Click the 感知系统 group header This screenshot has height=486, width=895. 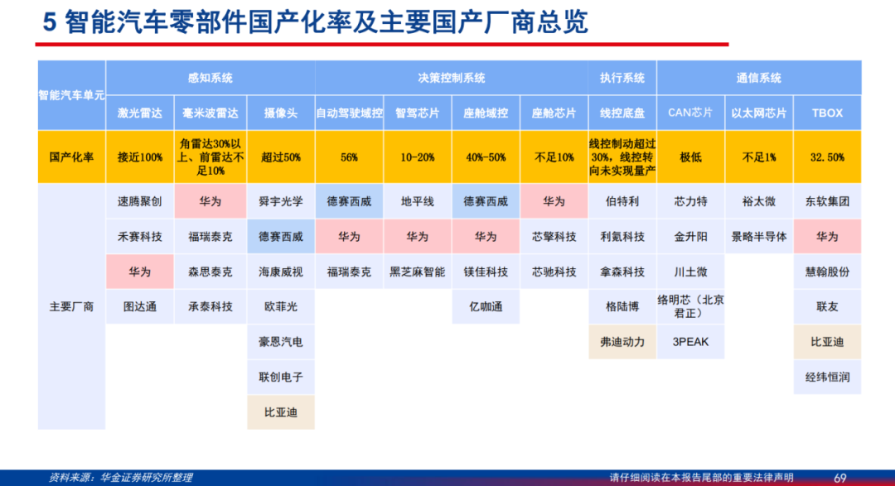[x=210, y=78]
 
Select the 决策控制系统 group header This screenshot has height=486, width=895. [x=451, y=78]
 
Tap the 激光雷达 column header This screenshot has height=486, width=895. [x=140, y=113]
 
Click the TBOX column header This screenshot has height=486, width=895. [x=827, y=113]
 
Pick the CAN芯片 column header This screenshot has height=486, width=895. [x=690, y=113]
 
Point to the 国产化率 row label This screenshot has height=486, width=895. [x=71, y=156]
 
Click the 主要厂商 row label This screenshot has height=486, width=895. [x=71, y=306]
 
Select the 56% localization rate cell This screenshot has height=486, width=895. [x=350, y=156]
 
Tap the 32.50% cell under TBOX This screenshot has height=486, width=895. [x=827, y=156]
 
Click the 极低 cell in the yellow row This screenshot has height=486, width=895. [x=690, y=156]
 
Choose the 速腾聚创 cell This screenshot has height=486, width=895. [x=140, y=201]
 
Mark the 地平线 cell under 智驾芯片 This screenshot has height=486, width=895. [x=417, y=201]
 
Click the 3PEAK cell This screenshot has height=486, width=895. [x=690, y=342]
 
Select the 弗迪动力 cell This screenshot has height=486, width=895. [x=622, y=342]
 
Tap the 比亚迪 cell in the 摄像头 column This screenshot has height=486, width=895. [x=281, y=411]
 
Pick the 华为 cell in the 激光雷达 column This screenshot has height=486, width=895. [x=140, y=272]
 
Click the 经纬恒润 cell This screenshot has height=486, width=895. [x=827, y=377]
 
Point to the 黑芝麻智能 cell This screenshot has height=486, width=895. [x=417, y=272]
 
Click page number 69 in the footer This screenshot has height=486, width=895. [x=840, y=478]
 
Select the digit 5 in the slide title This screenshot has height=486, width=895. [x=50, y=23]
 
